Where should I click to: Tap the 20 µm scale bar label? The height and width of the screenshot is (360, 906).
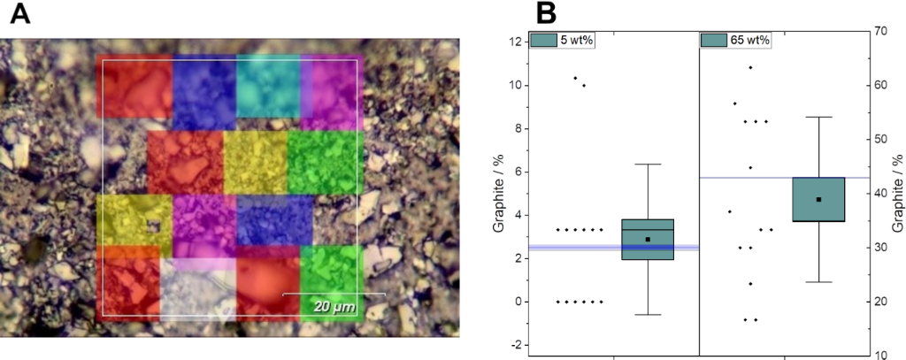(x=333, y=306)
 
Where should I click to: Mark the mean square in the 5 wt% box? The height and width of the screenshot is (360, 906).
(x=648, y=239)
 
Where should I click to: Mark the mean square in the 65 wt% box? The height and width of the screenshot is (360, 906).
(x=819, y=199)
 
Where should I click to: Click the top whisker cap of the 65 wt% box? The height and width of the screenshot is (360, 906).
(x=819, y=117)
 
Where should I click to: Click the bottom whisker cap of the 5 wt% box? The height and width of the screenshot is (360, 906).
(x=648, y=314)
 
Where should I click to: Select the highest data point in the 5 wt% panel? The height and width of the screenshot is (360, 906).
(x=575, y=78)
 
